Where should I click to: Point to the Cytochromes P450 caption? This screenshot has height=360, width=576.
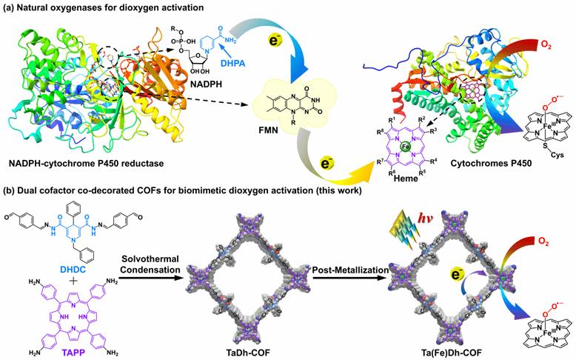tap(469, 184)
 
